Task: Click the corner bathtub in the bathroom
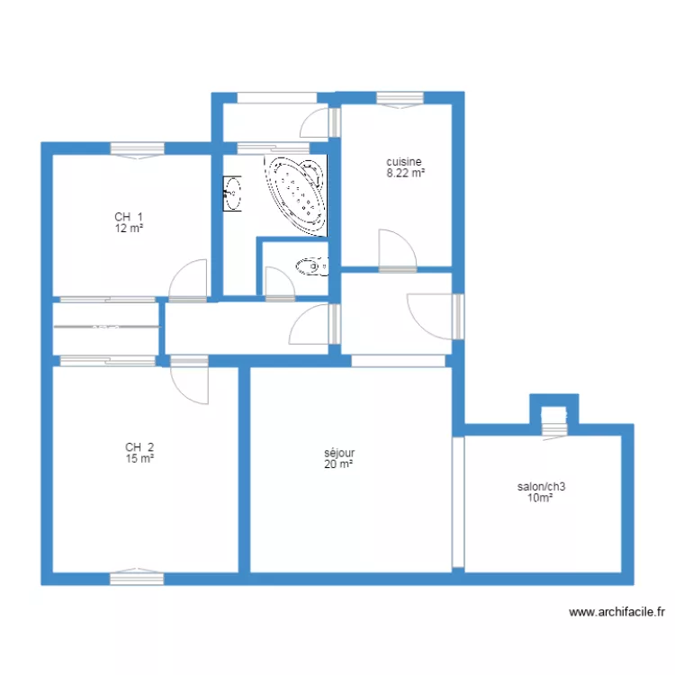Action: click(x=296, y=195)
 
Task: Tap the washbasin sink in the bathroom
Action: click(x=232, y=193)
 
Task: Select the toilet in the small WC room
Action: click(x=311, y=267)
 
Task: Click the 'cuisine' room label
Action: click(x=404, y=162)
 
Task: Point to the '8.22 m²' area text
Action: click(x=406, y=173)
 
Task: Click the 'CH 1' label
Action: click(x=129, y=217)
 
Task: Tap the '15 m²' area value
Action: click(x=139, y=458)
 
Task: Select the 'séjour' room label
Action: click(x=339, y=453)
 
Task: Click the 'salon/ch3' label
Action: click(x=541, y=487)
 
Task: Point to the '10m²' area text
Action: click(x=540, y=498)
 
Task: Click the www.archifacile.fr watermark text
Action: click(x=616, y=612)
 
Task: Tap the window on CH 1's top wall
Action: click(x=138, y=149)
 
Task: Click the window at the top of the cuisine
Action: click(x=400, y=99)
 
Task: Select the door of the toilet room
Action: click(x=280, y=283)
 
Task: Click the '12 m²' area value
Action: click(x=129, y=229)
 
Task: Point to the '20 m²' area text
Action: click(x=338, y=464)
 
